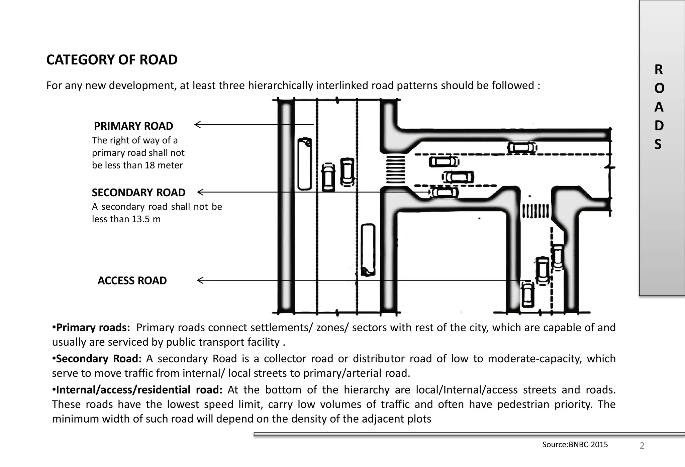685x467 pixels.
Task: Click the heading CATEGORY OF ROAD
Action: [112, 60]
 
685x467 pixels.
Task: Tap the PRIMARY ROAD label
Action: [133, 126]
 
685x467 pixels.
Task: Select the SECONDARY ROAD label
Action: [138, 193]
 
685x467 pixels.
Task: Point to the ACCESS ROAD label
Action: [132, 280]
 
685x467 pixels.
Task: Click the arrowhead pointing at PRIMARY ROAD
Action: [197, 125]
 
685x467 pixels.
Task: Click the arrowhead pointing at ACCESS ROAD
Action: [200, 280]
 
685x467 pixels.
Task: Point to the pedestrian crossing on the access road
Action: [535, 211]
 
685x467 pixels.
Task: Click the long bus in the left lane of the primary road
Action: [304, 164]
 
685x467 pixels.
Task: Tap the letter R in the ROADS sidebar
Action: [659, 70]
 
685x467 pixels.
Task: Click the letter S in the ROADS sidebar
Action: [658, 144]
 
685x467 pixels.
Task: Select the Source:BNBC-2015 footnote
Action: [575, 445]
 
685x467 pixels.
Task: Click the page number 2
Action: [642, 446]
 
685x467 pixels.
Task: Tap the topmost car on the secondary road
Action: [522, 147]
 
